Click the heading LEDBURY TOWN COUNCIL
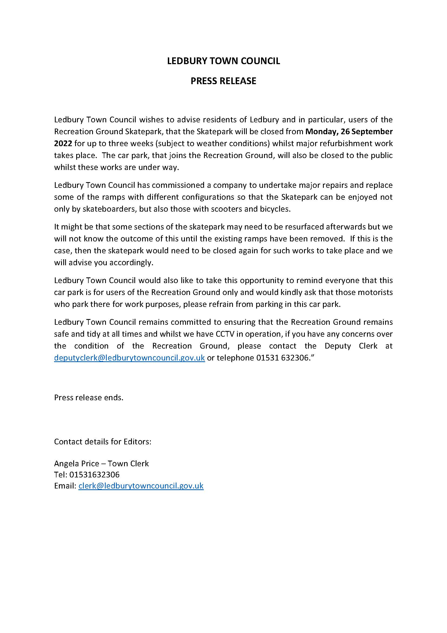point(223,61)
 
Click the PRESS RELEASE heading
point(223,81)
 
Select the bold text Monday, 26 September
point(349,132)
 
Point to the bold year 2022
point(63,143)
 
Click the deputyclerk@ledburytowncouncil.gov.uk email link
point(129,358)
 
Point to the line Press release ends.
point(89,397)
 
